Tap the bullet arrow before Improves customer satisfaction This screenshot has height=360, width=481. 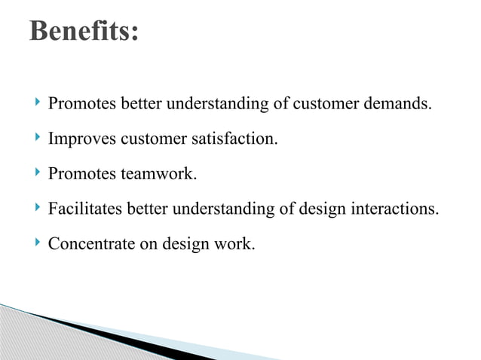click(x=38, y=138)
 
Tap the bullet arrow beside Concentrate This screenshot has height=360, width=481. click(x=38, y=243)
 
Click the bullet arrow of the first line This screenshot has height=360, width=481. click(x=38, y=102)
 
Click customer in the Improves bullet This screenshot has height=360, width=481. click(x=157, y=139)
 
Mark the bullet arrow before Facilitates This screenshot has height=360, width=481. click(x=38, y=208)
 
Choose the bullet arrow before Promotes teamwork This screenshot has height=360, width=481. click(x=38, y=173)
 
